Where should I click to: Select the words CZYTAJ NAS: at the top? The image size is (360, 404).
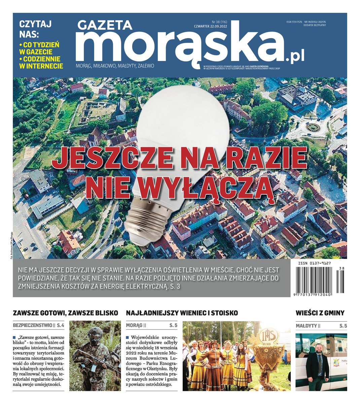point(35,29)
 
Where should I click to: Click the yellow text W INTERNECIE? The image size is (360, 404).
point(41,66)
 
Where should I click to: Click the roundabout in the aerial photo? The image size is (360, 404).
point(313,127)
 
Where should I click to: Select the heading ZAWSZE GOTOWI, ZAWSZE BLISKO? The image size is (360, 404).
point(65,313)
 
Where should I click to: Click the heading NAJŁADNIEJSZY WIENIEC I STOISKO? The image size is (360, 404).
point(182,313)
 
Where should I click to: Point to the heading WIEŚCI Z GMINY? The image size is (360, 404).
point(320,313)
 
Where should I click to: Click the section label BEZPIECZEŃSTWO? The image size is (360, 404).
point(32,326)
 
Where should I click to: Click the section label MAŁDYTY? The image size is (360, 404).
point(306,326)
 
